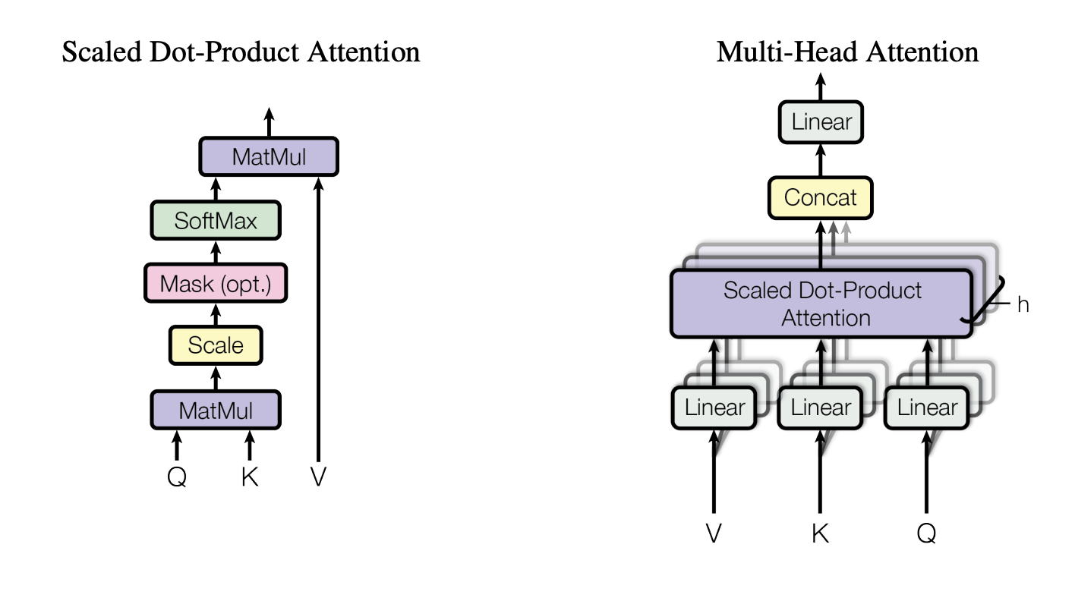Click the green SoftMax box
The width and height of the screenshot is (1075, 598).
coord(216,221)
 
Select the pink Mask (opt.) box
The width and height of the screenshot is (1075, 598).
coord(216,284)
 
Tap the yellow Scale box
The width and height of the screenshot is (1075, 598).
coord(216,346)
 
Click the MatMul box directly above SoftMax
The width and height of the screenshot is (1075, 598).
coord(269,158)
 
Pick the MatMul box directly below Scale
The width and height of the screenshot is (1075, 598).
coord(216,411)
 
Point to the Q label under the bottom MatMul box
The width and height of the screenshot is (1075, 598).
coord(176,477)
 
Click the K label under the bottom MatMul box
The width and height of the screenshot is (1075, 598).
coord(249,477)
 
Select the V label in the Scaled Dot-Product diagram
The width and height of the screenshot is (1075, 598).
coord(318,477)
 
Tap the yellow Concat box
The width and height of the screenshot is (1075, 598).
coord(820,198)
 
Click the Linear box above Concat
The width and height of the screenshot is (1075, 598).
coord(821,122)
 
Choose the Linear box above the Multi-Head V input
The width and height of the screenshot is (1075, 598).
coord(714,408)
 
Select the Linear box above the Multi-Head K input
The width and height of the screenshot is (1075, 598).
coord(820,408)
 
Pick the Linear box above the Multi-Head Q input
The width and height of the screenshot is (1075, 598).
coord(926,408)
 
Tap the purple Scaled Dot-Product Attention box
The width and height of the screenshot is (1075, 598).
coord(820,304)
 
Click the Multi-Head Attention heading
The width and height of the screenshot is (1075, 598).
coord(847,52)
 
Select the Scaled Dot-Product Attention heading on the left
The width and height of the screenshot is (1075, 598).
coord(241,52)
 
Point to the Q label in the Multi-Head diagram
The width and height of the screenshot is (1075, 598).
coord(926,533)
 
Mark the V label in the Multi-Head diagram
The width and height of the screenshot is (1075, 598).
coord(714,533)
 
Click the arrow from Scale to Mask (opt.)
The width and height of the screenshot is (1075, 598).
coord(216,314)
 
